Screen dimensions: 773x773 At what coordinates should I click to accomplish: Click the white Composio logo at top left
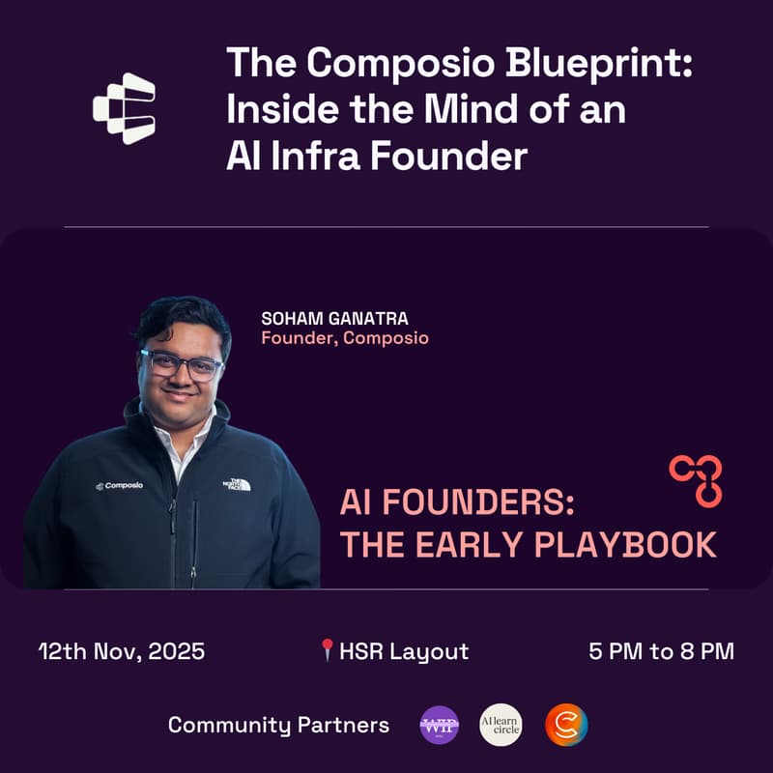point(124,108)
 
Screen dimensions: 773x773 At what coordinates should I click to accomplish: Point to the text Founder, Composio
point(345,339)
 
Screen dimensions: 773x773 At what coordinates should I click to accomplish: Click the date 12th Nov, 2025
point(122,651)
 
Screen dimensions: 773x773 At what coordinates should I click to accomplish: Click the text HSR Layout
point(403,651)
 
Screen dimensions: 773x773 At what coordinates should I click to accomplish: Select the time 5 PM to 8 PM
point(661,651)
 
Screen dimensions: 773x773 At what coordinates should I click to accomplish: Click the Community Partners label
point(278,725)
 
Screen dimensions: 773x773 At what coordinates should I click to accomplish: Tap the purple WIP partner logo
point(439,725)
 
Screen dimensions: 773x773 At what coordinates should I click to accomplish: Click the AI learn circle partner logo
point(501,725)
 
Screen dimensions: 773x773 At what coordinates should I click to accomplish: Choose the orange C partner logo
point(565,725)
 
